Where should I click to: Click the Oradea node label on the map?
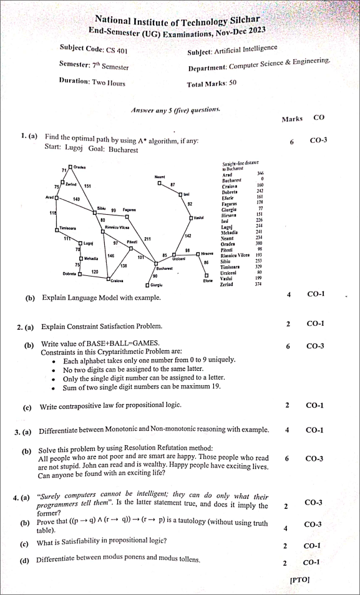pyautogui.click(x=79, y=168)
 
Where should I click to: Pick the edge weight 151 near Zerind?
pyautogui.click(x=88, y=186)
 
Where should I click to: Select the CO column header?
pyautogui.click(x=319, y=117)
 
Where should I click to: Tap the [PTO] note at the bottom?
pyautogui.click(x=299, y=579)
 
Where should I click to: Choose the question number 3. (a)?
pyautogui.click(x=23, y=431)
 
